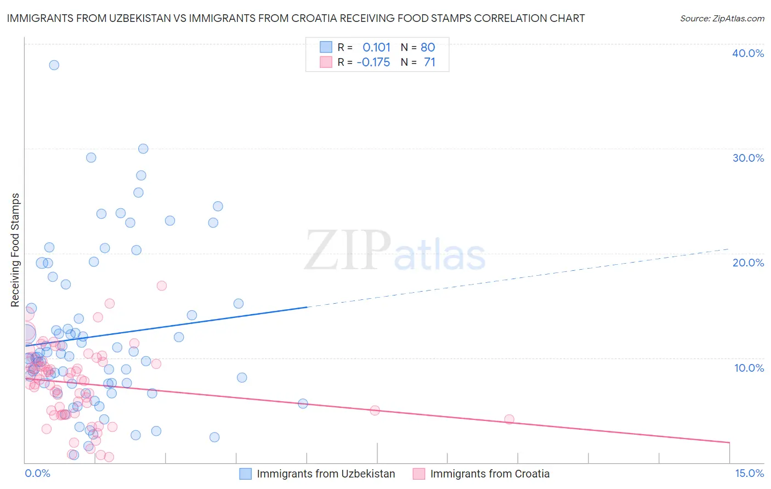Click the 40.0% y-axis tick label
point(748,53)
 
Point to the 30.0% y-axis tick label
point(748,158)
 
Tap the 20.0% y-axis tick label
point(748,263)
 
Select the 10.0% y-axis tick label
point(748,368)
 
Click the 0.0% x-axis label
point(37,473)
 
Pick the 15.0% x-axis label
point(749,473)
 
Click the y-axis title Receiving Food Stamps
point(15,250)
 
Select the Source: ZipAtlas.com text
point(722,18)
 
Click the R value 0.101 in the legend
point(376,47)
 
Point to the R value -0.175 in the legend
point(373,62)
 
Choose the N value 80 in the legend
point(428,47)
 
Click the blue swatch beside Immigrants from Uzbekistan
point(245,474)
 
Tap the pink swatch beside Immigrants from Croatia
point(419,474)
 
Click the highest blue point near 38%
point(54,65)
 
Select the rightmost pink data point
point(509,419)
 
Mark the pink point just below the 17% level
point(161,286)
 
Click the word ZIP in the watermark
point(347,251)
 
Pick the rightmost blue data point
point(303,403)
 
